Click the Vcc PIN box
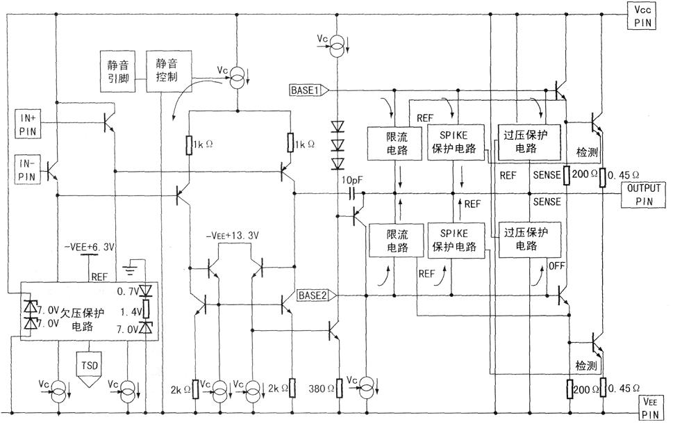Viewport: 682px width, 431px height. (x=644, y=15)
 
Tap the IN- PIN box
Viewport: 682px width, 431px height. (x=28, y=170)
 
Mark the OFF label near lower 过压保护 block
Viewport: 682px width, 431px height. (x=556, y=266)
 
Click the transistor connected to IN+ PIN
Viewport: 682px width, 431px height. (x=108, y=122)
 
